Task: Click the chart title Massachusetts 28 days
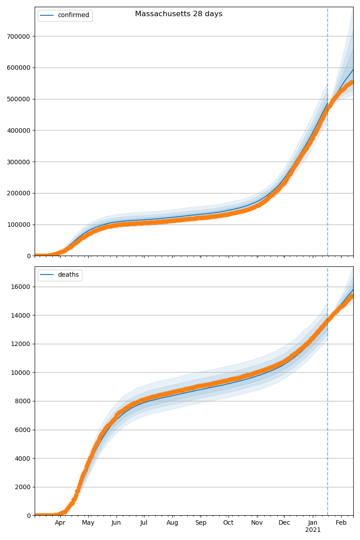tap(179, 14)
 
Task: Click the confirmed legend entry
tap(73, 15)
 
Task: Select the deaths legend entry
tap(68, 275)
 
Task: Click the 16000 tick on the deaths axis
tap(22, 287)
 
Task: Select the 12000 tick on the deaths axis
tap(22, 344)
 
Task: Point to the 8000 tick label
tap(23, 401)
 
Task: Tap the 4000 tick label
tap(23, 458)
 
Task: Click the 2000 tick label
tap(23, 487)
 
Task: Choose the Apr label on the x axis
tap(60, 523)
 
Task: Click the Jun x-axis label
tap(117, 523)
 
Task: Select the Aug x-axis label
tap(172, 523)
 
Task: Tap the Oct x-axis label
tap(229, 523)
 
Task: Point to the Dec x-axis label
tap(284, 523)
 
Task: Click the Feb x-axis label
tap(341, 523)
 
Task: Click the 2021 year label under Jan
tap(313, 530)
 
